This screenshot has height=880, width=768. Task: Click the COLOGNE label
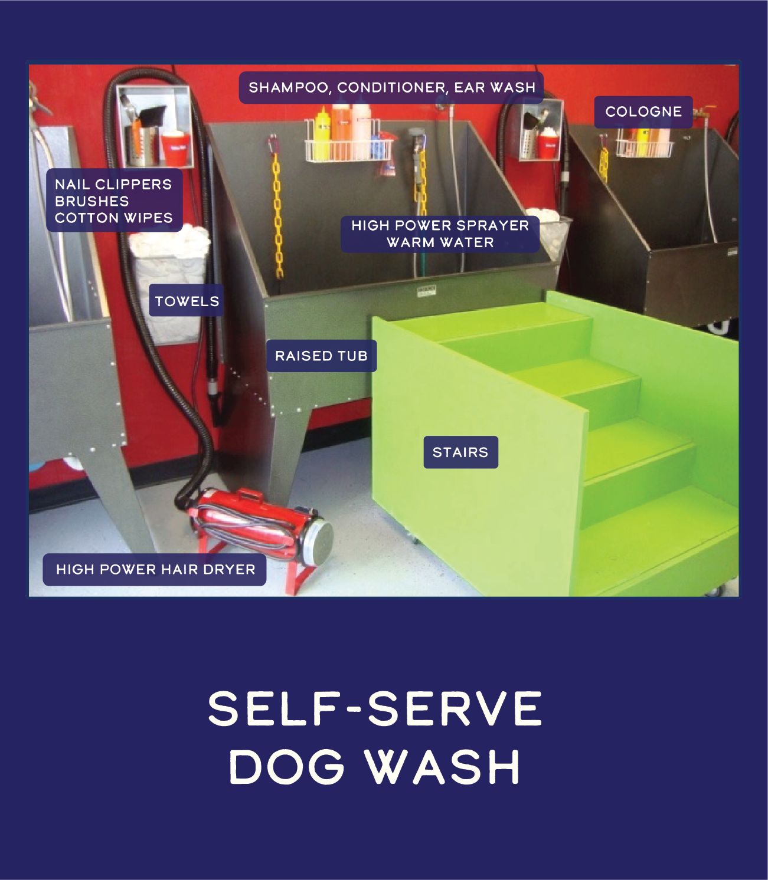[643, 111]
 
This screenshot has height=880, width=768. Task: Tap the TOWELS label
[187, 301]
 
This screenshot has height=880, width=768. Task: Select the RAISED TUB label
[321, 356]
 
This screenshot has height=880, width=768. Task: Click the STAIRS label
[460, 452]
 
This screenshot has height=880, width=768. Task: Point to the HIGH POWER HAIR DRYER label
[155, 569]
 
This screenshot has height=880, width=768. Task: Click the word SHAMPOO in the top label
[288, 87]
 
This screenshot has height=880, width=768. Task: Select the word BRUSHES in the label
[91, 201]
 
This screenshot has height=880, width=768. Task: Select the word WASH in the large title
[443, 767]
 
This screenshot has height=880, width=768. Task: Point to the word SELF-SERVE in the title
[375, 708]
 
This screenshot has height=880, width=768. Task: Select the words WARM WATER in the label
[440, 242]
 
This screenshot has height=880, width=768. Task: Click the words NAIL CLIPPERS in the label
[113, 185]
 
